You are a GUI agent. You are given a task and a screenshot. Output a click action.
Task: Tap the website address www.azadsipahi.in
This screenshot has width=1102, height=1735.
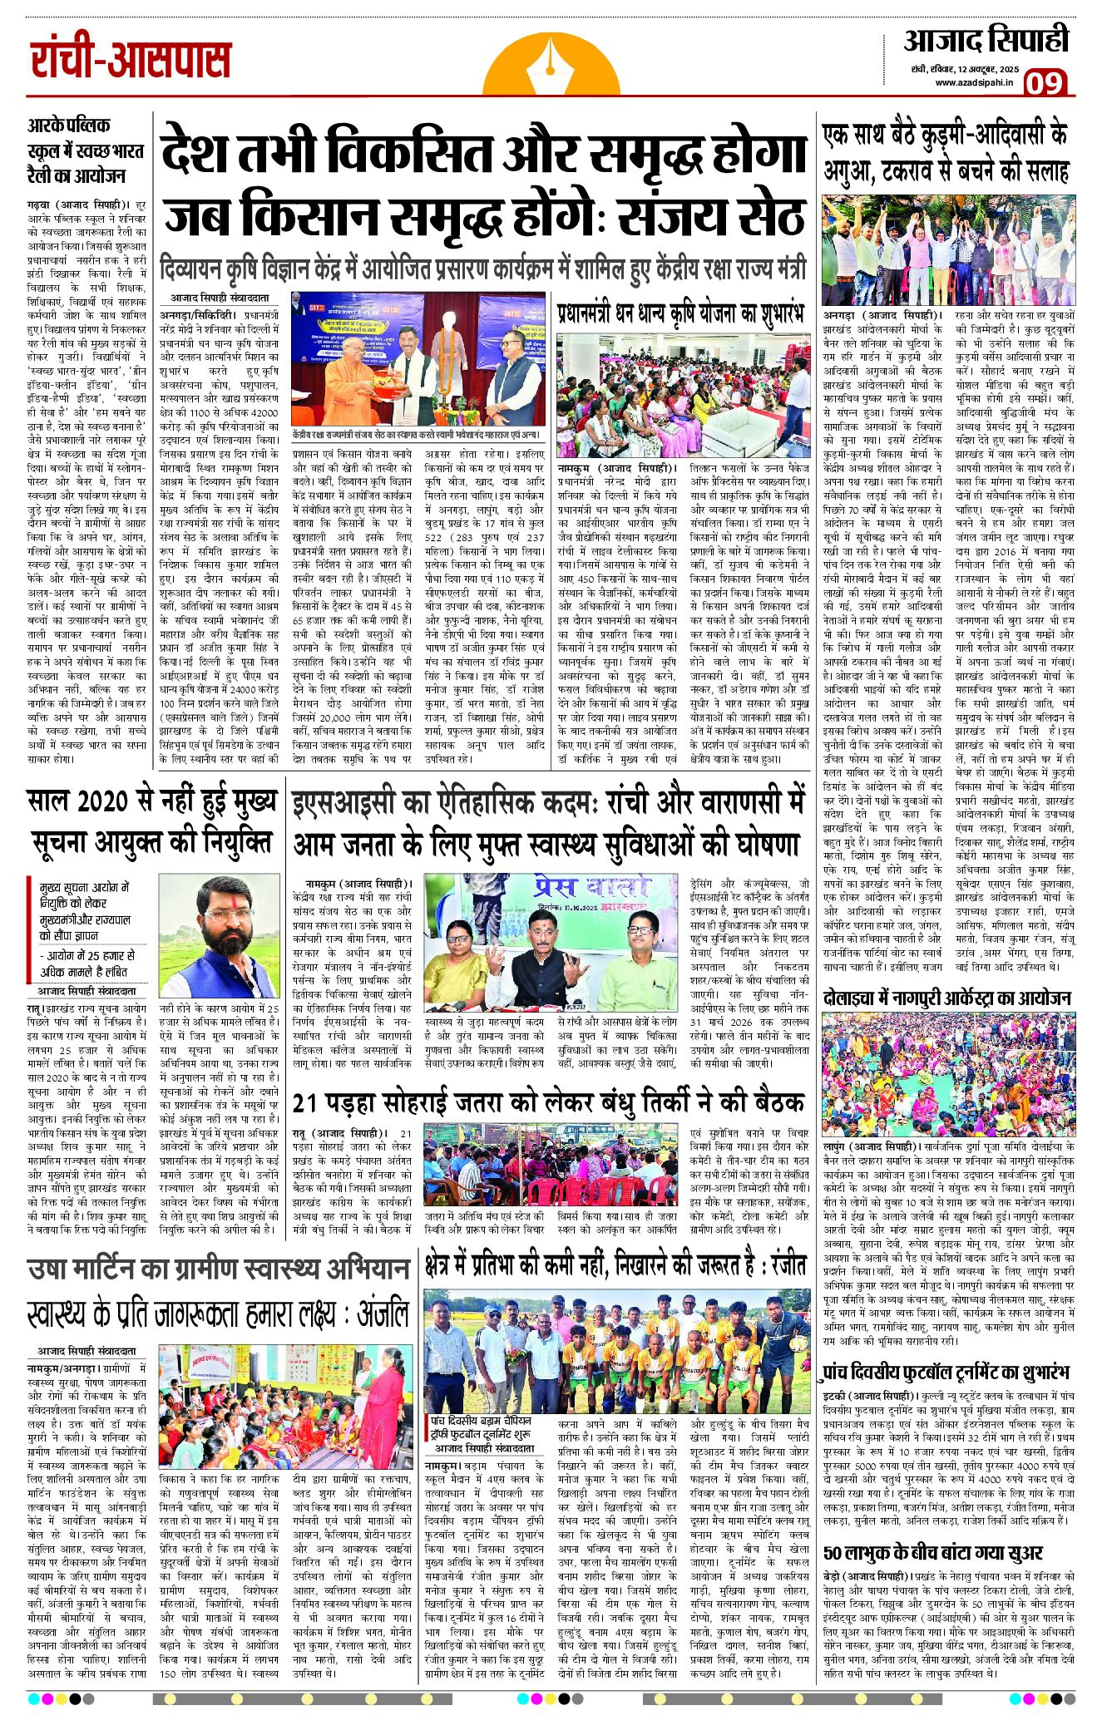point(972,82)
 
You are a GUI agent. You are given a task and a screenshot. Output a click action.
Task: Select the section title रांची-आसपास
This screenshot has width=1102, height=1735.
point(131,61)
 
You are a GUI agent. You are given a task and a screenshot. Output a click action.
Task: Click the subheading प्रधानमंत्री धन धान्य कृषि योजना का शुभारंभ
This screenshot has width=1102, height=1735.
point(680,313)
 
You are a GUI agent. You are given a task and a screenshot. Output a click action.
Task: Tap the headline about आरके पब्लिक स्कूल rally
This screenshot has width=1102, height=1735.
point(86,150)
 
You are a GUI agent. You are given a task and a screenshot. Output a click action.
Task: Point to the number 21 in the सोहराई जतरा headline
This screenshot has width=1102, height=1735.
point(305,1102)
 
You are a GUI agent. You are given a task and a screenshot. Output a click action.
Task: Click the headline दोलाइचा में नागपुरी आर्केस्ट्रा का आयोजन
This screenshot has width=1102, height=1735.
point(947,998)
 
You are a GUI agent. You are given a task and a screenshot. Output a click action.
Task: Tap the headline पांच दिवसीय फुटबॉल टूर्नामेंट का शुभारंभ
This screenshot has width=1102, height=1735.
point(946,1371)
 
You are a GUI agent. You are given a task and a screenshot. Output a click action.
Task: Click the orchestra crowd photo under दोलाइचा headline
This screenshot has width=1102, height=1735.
point(948,1074)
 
